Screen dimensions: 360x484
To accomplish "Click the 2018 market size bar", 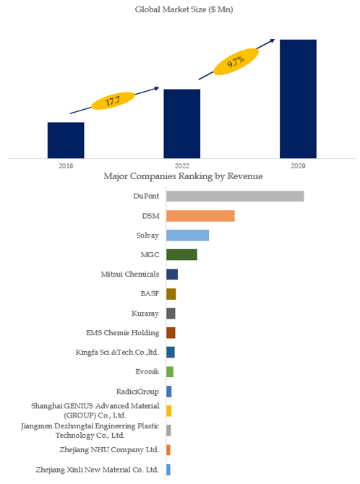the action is click(x=66, y=140).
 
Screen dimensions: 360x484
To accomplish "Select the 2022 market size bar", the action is click(x=182, y=124).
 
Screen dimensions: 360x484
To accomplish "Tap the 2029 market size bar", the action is click(x=299, y=99).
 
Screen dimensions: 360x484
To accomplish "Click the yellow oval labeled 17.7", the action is click(x=113, y=101).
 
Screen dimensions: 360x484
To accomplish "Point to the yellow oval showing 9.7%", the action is click(x=236, y=61).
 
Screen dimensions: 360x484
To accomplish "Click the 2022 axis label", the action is click(x=182, y=166).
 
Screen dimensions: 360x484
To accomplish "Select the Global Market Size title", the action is click(x=184, y=9).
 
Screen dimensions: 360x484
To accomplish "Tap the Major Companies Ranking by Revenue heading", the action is click(x=183, y=176).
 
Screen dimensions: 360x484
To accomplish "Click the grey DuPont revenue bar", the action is click(x=235, y=196).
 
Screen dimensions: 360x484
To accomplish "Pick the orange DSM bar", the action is click(x=200, y=216).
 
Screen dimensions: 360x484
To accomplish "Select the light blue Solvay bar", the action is click(x=187, y=235).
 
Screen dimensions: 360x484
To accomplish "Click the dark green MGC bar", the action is click(x=181, y=255).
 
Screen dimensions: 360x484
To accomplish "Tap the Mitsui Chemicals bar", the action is click(x=172, y=275).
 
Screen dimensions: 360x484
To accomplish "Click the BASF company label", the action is click(x=150, y=293).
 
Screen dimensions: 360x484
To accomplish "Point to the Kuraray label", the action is click(x=145, y=314).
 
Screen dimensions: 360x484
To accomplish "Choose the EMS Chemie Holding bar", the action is click(x=171, y=333).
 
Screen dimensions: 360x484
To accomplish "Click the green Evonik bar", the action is click(x=170, y=372).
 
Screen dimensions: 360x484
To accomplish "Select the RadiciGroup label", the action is click(x=137, y=392).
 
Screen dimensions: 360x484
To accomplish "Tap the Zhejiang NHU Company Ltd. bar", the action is click(x=168, y=450).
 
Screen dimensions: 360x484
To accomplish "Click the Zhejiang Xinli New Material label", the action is click(x=97, y=470).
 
